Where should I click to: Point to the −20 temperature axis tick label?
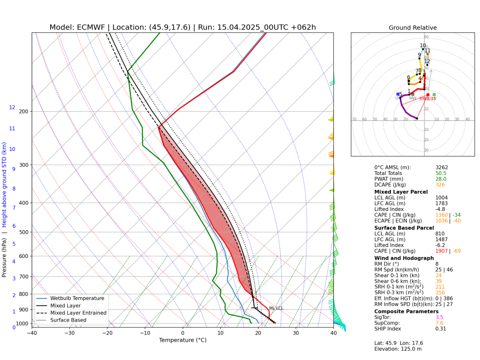[107, 333]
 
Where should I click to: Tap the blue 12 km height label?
[12, 107]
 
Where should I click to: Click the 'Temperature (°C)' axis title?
[182, 340]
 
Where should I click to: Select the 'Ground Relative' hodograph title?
[412, 28]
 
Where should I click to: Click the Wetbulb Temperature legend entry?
[78, 298]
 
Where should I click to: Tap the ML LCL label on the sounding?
[276, 308]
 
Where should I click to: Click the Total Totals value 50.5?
[441, 173]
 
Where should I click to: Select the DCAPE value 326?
[440, 185]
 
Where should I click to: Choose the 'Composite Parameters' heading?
[406, 311]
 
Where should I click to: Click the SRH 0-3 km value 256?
[440, 292]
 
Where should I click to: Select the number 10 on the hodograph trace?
[423, 45]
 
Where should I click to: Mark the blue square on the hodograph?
[397, 94]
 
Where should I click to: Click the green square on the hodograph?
[434, 95]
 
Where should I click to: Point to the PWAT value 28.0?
[441, 179]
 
